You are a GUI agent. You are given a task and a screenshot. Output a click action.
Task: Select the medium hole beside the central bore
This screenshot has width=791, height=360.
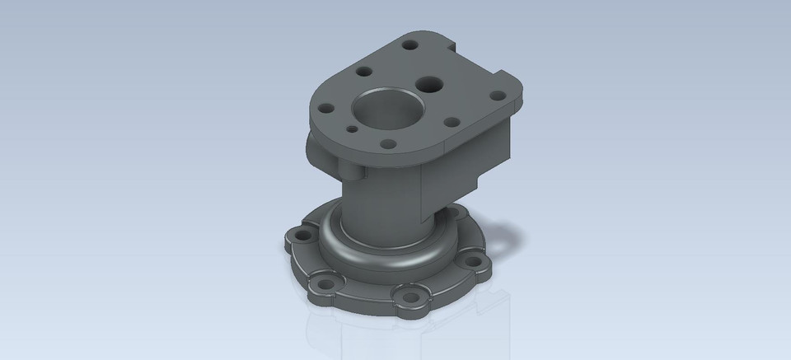point(429,83)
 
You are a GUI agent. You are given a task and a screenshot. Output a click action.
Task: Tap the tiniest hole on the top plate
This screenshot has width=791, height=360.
point(352,129)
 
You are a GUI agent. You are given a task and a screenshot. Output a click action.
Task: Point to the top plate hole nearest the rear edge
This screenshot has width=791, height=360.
point(410,40)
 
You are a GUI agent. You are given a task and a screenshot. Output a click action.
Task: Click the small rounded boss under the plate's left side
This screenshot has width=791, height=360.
point(314,153)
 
